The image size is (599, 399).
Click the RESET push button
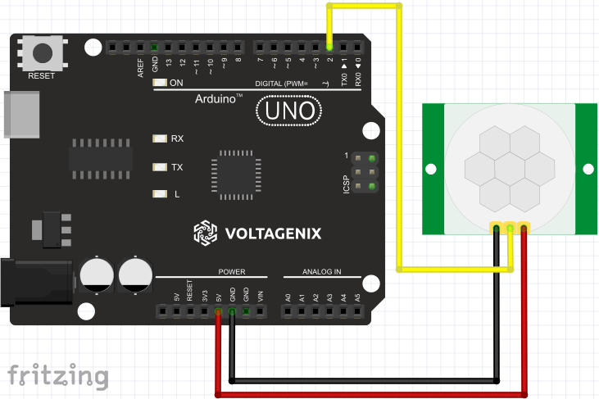pyautogui.click(x=41, y=53)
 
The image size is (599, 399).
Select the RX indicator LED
pyautogui.click(x=159, y=138)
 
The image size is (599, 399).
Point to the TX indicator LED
pyautogui.click(x=159, y=166)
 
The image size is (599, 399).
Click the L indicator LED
pyautogui.click(x=159, y=194)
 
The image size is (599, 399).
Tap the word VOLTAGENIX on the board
pyautogui.click(x=274, y=234)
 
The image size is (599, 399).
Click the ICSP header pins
pyautogui.click(x=366, y=173)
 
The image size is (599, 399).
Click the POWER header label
pyautogui.click(x=231, y=272)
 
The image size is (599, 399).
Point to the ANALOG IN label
pyautogui.click(x=321, y=272)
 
